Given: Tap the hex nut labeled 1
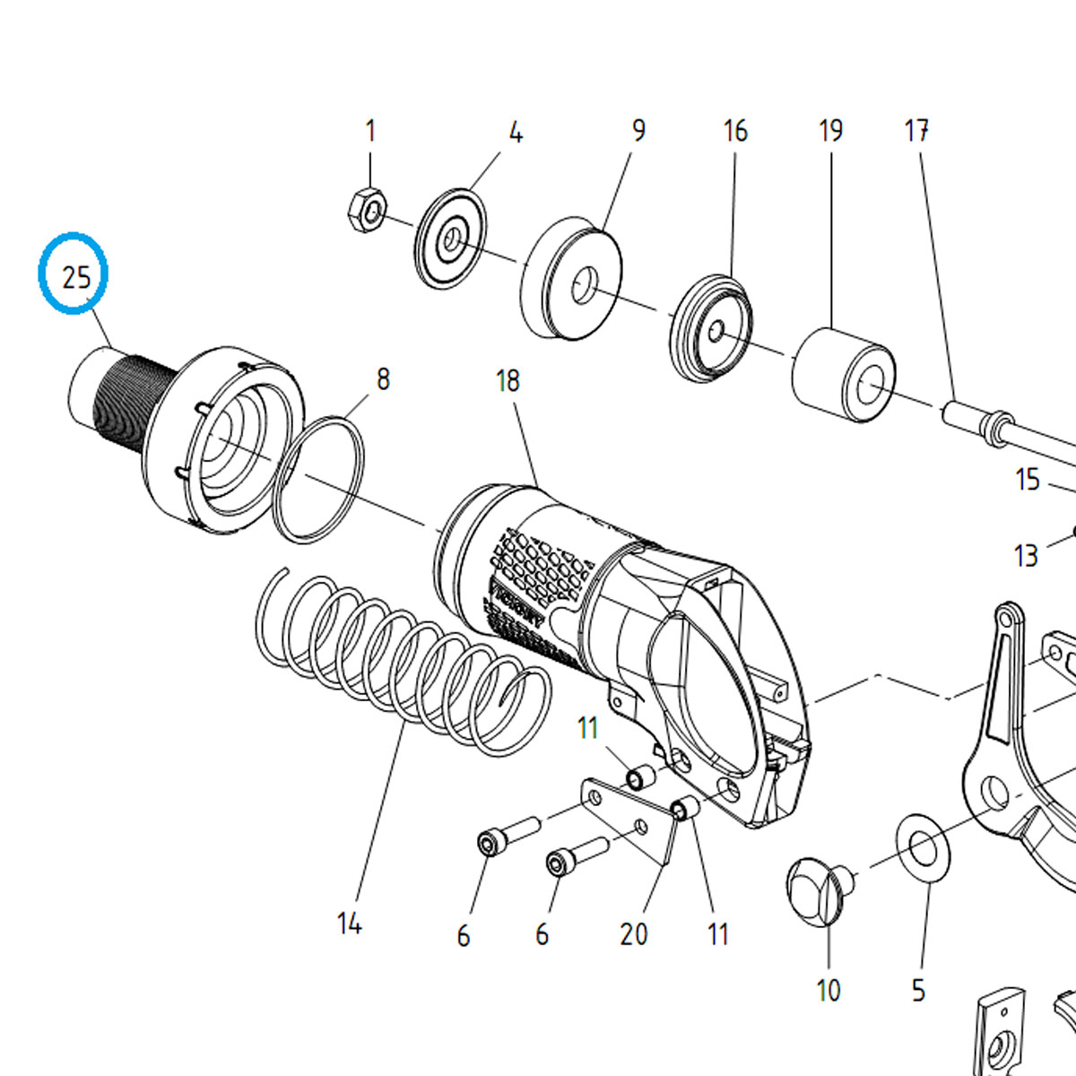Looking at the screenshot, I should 366,210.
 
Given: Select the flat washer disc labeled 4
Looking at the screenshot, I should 451,239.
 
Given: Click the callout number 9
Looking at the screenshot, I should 638,131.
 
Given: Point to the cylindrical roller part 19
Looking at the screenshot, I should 843,375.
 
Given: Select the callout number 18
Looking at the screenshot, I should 508,381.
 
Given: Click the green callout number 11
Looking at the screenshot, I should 587,727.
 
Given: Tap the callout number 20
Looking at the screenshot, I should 633,934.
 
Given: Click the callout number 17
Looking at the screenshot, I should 915,132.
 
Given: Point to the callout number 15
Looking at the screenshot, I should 1028,480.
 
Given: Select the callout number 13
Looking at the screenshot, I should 1026,556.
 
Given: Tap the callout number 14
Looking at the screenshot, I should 349,923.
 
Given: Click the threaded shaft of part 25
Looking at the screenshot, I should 126,403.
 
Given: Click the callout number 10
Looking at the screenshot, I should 829,991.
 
